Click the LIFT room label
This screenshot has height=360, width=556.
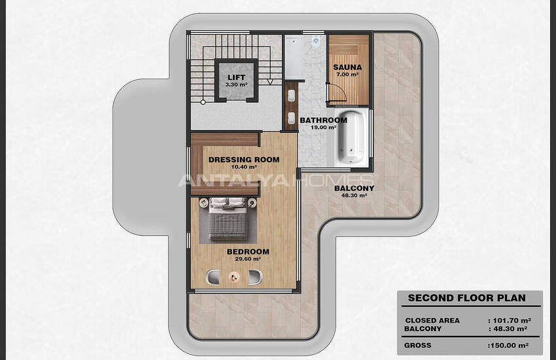pos(236,77)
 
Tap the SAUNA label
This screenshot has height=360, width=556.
pos(347,67)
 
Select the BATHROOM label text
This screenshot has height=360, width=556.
pos(323,120)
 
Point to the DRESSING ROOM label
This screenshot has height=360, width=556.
pos(244,160)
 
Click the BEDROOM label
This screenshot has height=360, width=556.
pos(248,251)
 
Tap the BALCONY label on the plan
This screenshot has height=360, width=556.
pos(355,189)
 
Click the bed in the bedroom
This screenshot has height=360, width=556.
pos(227,219)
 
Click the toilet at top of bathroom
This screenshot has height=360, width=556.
pos(315,41)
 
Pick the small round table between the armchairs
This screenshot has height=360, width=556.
pos(234,277)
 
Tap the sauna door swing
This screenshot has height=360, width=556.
pos(336,93)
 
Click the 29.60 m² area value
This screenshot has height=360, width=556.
pos(248,259)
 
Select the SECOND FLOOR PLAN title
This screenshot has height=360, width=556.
pos(466,298)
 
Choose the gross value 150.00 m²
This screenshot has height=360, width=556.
pos(509,345)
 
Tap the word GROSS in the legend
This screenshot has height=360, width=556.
pos(418,345)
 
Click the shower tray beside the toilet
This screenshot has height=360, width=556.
pos(294,58)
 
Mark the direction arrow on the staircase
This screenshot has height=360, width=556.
pos(270,82)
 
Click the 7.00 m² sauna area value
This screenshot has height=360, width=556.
pos(347,75)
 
